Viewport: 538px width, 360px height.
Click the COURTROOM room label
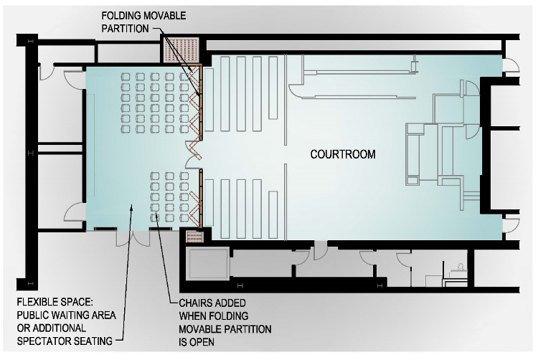click(342, 154)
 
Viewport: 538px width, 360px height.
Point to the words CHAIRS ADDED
click(204, 303)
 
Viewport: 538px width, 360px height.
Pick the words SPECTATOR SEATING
click(65, 341)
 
